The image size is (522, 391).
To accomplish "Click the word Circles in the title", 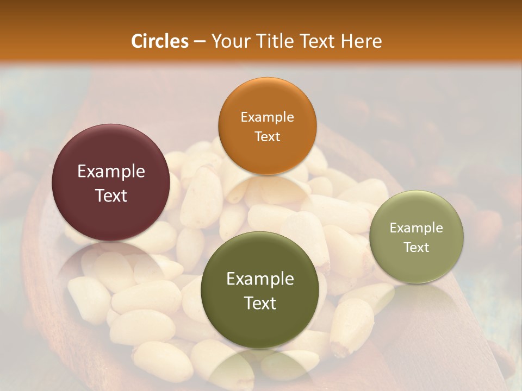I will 159,41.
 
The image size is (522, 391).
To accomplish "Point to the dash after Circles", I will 200,42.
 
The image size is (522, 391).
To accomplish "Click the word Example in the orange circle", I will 267,117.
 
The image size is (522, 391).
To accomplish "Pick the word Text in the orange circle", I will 267,137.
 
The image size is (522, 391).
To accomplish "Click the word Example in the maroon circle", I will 111,172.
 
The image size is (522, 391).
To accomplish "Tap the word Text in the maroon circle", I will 111,195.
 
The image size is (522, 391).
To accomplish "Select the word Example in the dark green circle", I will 260,279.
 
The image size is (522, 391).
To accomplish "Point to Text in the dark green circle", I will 260,303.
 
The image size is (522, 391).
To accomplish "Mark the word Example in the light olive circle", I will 417,228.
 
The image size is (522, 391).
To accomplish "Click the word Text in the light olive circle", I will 417,248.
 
